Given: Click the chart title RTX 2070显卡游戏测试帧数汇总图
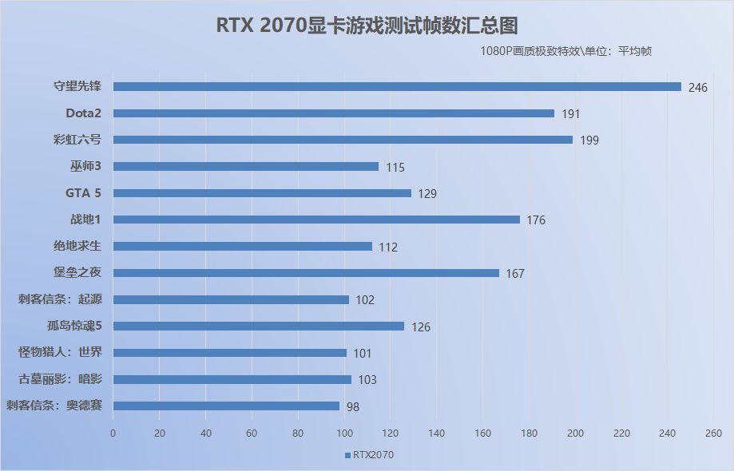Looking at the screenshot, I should tap(367, 26).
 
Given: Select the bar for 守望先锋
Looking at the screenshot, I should tap(397, 86).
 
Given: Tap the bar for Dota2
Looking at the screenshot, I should tap(333, 113).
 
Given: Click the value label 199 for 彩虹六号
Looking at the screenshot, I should tap(589, 141).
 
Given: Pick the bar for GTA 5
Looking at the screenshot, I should tap(262, 193).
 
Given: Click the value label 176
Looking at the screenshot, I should tap(536, 220).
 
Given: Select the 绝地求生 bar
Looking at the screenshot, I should tap(242, 247).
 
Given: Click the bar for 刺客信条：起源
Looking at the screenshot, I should tap(231, 299).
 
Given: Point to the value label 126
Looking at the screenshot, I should tap(421, 327).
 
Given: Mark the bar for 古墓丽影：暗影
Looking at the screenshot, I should tap(232, 379).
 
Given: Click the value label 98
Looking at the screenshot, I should tap(352, 406).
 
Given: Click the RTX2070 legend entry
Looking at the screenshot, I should tap(369, 455).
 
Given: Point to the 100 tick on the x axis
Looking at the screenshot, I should tap(344, 433).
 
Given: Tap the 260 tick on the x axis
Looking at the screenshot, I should tap(714, 433).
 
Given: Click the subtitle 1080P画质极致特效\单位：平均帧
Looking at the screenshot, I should tap(567, 51).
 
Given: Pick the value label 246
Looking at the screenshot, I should tap(697, 87).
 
